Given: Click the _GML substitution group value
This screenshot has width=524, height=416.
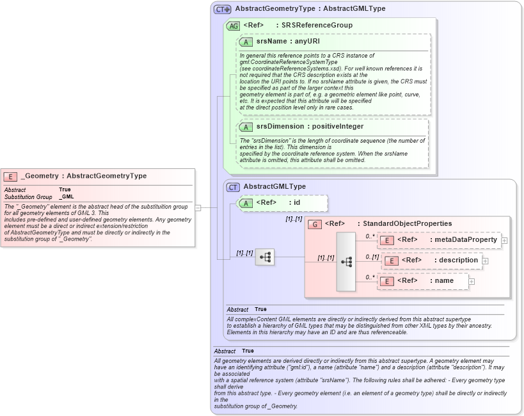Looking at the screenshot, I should (67, 197).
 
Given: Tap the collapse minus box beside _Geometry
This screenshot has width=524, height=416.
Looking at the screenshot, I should (198, 208).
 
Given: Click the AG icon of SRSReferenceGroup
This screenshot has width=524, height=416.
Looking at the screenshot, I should (234, 26).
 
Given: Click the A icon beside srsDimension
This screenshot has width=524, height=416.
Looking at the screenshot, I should (246, 127).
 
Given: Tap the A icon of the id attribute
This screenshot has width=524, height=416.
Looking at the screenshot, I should (246, 203).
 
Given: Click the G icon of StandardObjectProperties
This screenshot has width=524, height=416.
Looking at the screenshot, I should (315, 224).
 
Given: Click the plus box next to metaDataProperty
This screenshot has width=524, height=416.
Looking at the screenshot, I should (505, 241).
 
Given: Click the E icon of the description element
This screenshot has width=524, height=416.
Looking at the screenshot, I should (391, 260).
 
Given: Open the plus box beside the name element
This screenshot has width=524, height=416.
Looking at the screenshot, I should (472, 281).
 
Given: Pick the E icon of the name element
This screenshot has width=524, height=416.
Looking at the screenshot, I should (387, 281).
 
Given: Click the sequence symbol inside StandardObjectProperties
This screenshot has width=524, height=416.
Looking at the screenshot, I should (346, 262).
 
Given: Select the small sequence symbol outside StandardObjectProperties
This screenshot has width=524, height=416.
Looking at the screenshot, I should (265, 257).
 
